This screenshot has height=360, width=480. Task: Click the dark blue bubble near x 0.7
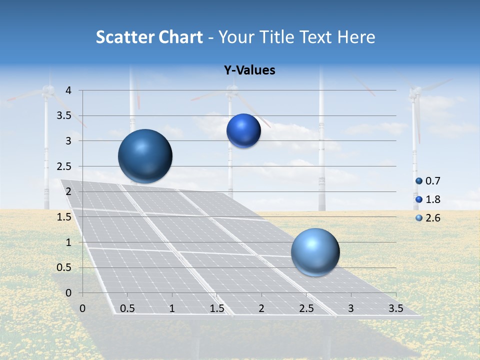coord(145,156)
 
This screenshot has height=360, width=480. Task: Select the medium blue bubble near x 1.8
coord(243,130)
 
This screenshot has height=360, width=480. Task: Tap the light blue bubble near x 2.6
coord(315,252)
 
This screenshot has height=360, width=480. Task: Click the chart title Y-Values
coord(249,70)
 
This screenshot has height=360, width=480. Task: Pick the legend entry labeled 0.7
coord(432,181)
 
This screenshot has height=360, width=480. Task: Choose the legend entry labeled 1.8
coord(432,199)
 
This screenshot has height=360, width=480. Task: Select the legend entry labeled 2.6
coord(432,218)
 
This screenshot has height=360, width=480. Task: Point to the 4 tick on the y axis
coord(68,90)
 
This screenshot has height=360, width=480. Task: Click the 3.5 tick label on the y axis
coord(65,116)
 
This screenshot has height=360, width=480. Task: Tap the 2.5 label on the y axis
coord(65,166)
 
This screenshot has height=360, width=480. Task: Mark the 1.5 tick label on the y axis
coord(65,217)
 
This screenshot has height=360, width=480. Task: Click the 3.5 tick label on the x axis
coord(395,308)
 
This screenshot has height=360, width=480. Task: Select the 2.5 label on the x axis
coord(306,308)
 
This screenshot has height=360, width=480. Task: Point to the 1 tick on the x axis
coord(172,308)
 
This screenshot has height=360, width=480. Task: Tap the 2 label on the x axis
coord(261,308)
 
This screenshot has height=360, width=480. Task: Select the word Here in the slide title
coord(356,37)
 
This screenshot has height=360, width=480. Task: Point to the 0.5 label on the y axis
coord(65,267)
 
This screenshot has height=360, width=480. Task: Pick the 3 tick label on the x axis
coord(351,308)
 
